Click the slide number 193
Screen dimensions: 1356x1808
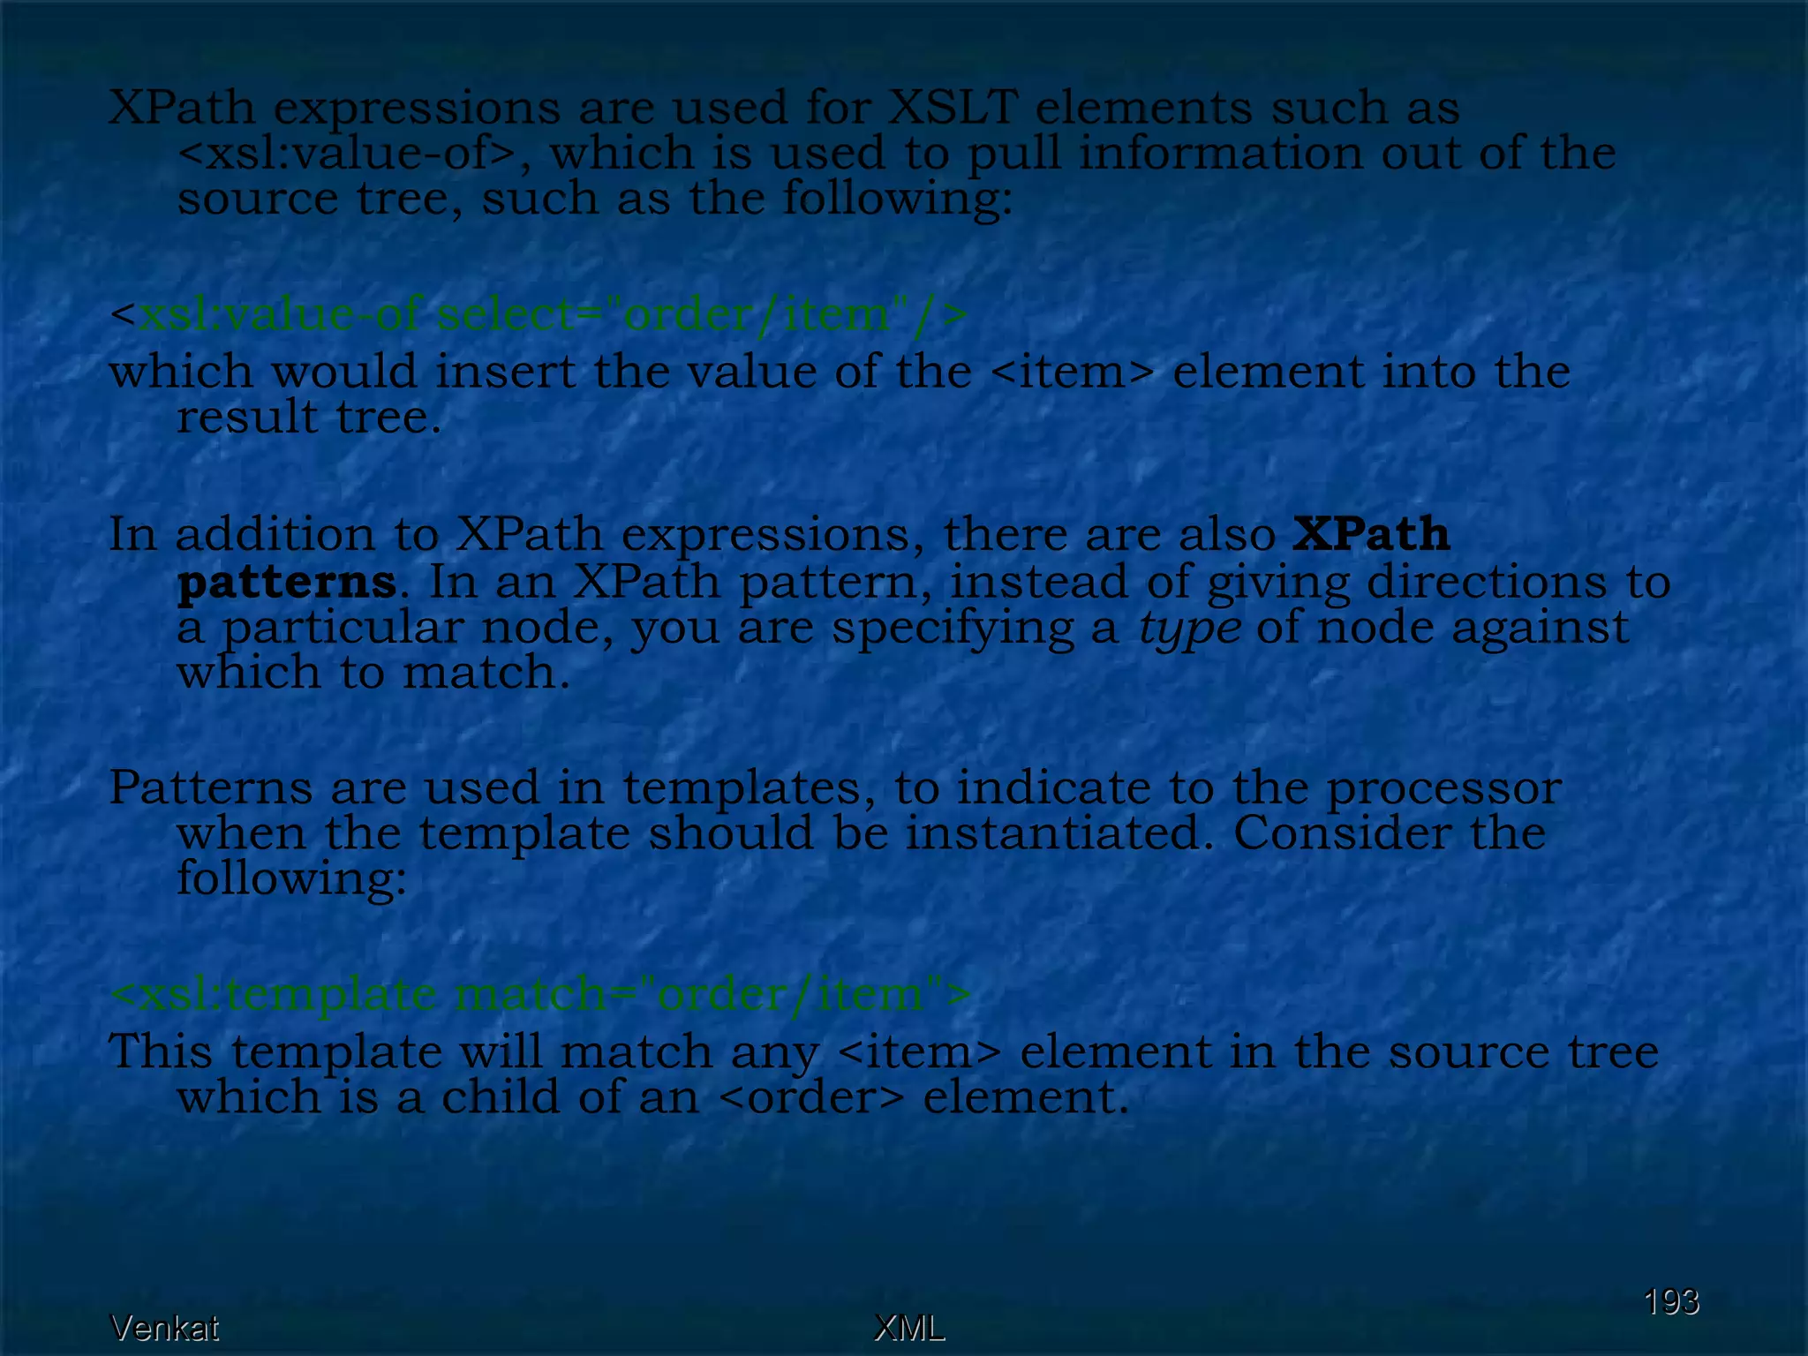tap(1670, 1301)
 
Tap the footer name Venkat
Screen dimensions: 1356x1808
tap(164, 1328)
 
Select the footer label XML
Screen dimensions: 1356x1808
tap(908, 1328)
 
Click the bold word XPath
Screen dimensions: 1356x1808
tap(1371, 534)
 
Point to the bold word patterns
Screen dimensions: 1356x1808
tap(286, 583)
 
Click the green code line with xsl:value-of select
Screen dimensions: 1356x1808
tap(539, 313)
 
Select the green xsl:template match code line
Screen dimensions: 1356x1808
tap(540, 995)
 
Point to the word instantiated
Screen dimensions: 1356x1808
tap(1059, 832)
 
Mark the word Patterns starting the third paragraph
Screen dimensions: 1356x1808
tap(210, 787)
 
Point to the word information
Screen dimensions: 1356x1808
tap(1220, 154)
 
